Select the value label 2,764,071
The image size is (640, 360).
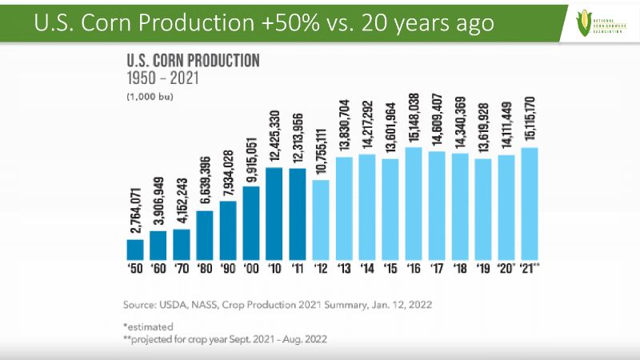point(135,207)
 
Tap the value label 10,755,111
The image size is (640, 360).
point(321,150)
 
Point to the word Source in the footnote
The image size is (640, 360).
point(142,306)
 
